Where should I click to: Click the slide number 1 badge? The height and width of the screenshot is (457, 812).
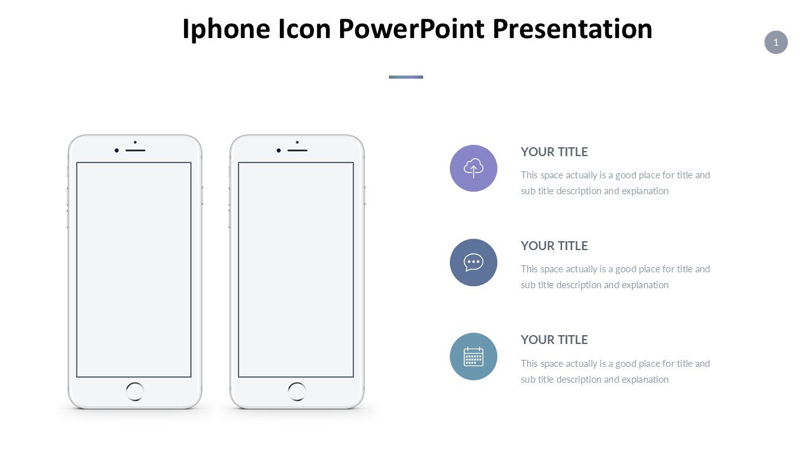[x=776, y=43]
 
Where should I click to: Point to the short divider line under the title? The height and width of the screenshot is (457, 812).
[x=406, y=77]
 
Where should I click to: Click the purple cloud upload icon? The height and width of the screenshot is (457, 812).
[x=473, y=168]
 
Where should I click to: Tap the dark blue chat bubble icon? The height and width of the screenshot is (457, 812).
[x=473, y=262]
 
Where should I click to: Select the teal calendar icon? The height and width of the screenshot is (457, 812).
[x=473, y=357]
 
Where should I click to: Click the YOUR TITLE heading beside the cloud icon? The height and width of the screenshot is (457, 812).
[x=554, y=152]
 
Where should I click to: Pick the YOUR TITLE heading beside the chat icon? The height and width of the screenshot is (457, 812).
[x=554, y=246]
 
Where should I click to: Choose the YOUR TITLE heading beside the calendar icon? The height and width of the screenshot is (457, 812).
[x=554, y=340]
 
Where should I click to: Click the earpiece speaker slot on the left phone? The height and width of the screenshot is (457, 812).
[x=135, y=150]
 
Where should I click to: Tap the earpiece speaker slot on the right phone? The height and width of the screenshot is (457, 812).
[x=298, y=150]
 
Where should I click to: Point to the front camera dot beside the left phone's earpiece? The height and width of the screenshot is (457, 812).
[x=117, y=150]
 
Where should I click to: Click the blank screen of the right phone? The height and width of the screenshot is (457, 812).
[x=296, y=269]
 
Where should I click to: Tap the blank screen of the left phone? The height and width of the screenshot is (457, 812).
[x=134, y=269]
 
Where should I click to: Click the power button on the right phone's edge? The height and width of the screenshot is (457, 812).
[x=365, y=195]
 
